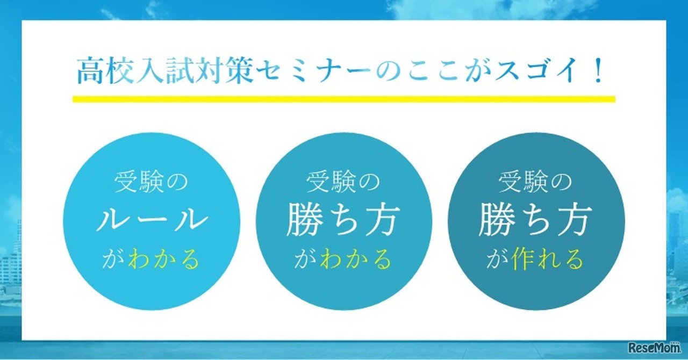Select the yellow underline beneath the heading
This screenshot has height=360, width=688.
[343, 99]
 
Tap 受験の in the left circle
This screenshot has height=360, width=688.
[152, 183]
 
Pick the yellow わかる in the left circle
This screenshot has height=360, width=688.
[163, 260]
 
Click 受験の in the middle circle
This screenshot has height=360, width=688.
[343, 183]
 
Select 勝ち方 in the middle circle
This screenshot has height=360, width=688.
[343, 221]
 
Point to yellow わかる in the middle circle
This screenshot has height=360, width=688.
[356, 260]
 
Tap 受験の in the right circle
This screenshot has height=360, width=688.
[535, 183]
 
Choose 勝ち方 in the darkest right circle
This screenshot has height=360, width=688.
[535, 221]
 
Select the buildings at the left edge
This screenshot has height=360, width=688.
[10, 269]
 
